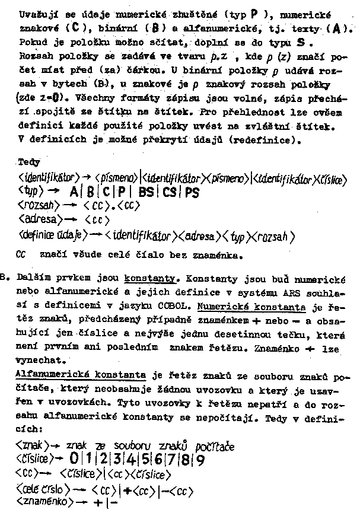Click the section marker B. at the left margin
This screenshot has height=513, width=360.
click(x=6, y=277)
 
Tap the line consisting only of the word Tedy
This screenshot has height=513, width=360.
click(x=29, y=161)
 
